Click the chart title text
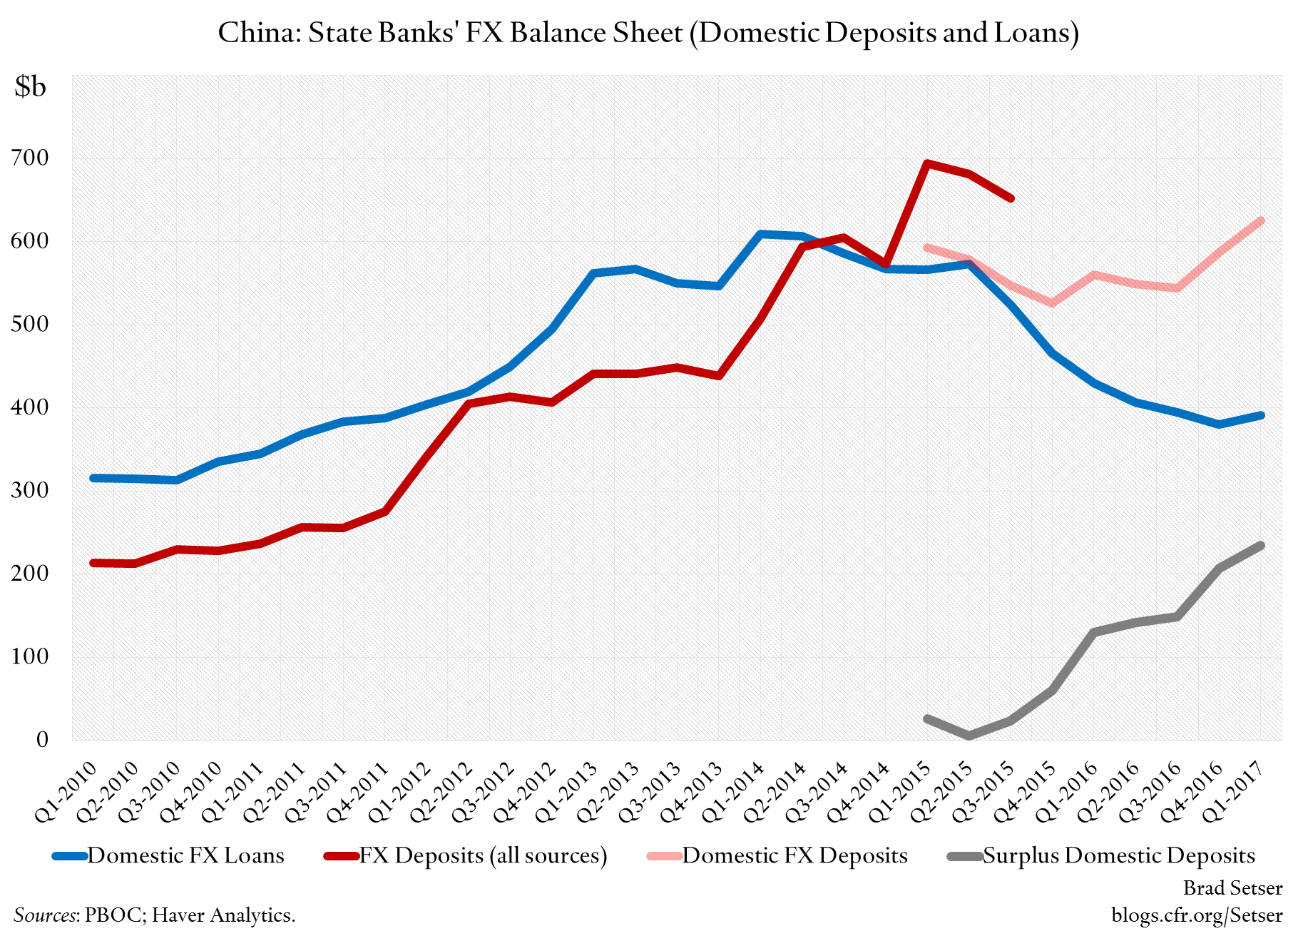(648, 33)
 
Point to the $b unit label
(30, 86)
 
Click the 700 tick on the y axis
(30, 158)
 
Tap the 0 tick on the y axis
(42, 739)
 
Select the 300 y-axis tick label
(30, 490)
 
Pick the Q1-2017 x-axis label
(1234, 792)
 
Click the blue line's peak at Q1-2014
(760, 234)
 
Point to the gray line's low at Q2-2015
(969, 736)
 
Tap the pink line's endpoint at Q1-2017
(1260, 221)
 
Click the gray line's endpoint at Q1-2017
(1260, 546)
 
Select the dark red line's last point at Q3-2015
(1011, 198)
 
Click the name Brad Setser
(1232, 887)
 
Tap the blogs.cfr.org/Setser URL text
(1197, 915)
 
